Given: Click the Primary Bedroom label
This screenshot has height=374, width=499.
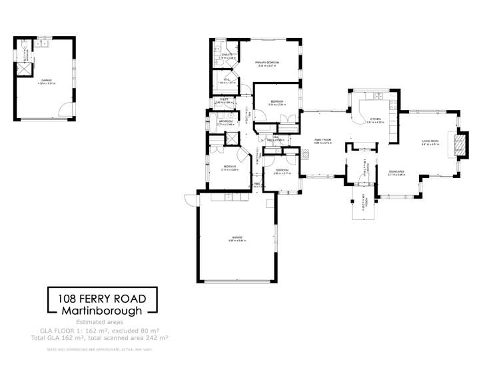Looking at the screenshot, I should pos(266,62).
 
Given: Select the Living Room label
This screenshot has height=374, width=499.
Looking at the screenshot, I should pos(430,141).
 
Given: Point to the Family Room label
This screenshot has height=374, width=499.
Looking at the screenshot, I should pos(324,139).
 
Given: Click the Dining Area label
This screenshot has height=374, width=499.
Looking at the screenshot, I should pos(397,172).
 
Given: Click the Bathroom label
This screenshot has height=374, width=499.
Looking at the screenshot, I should pos(225,121).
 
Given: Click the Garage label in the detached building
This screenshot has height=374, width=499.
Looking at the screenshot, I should pos(47,80).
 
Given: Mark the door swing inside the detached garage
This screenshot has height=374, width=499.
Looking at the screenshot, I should pos(65,110).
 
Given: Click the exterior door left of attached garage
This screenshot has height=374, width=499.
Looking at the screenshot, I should pos(191,199).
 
